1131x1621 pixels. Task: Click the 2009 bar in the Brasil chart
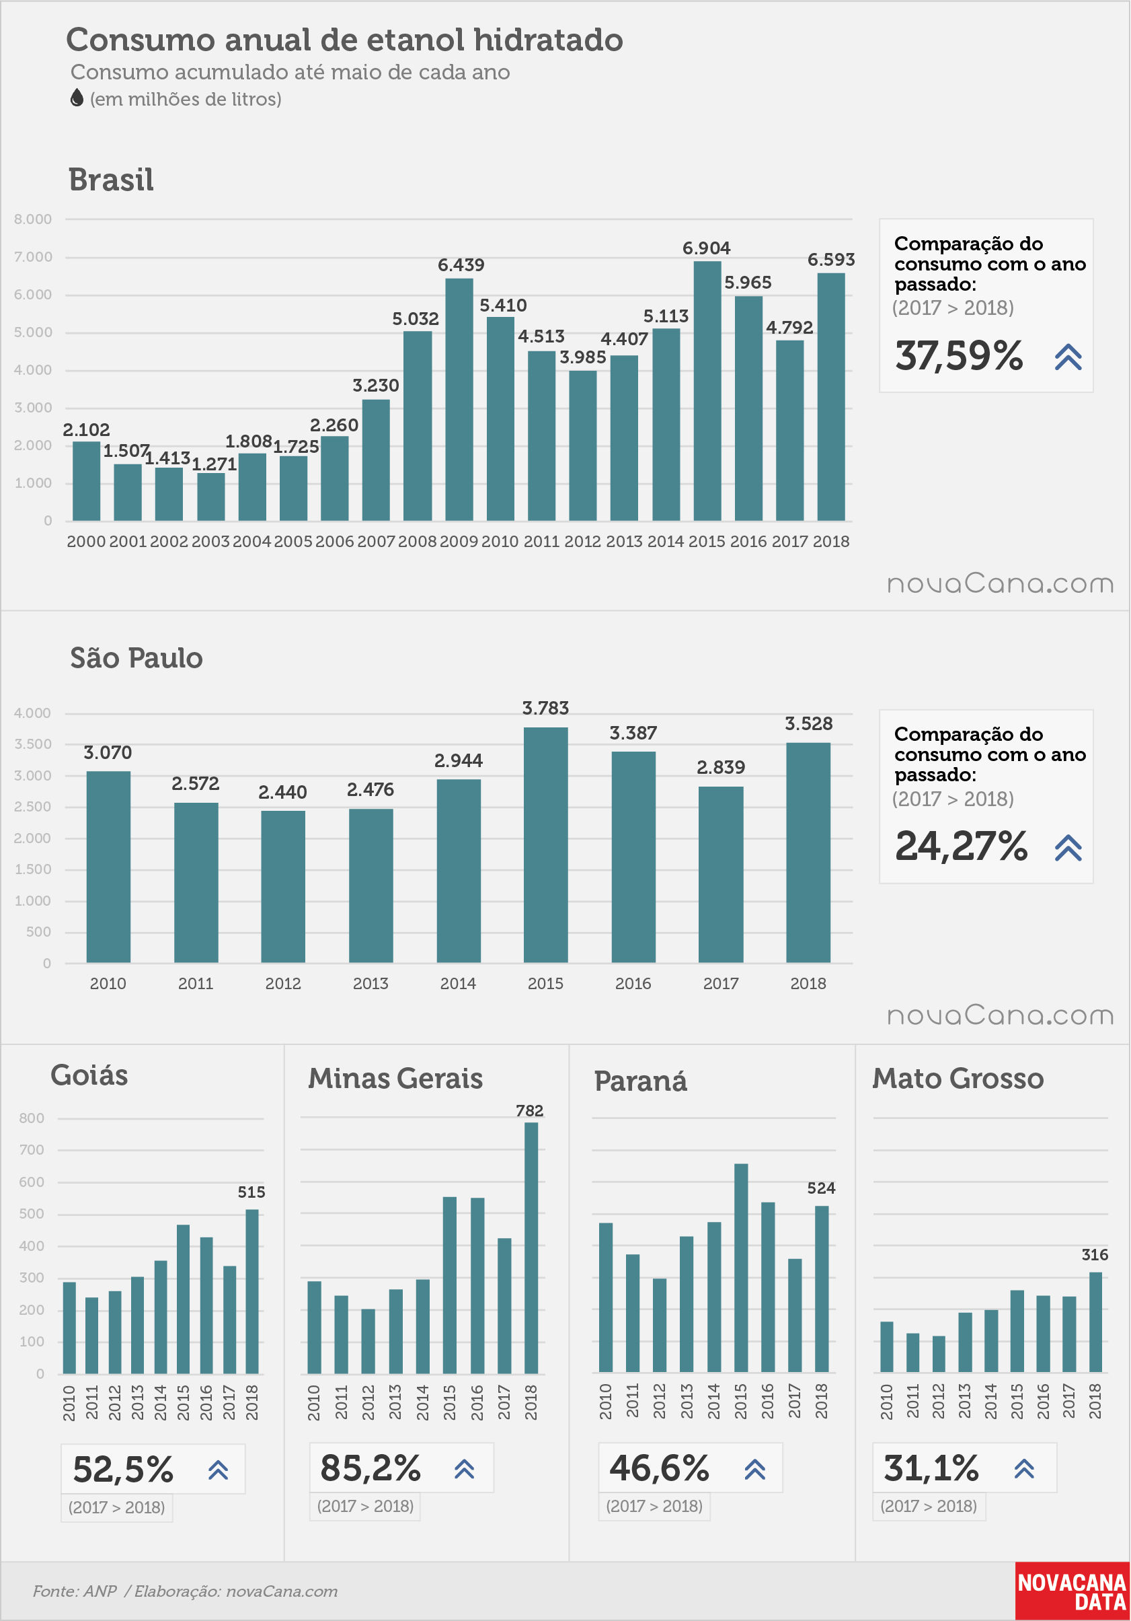[x=459, y=400]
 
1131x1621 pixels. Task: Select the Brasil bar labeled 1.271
[x=211, y=497]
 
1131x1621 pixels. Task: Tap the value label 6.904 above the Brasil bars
[x=706, y=248]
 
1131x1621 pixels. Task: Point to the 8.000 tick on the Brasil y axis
[x=33, y=219]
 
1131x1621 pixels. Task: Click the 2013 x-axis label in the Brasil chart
[x=625, y=542]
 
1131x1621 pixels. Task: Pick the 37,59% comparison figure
[x=959, y=356]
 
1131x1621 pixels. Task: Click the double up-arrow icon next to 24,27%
[x=1068, y=848]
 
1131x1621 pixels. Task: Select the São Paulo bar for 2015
[x=545, y=845]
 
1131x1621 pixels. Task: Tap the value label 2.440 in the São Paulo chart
[x=283, y=792]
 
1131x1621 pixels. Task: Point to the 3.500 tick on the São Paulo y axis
[x=33, y=744]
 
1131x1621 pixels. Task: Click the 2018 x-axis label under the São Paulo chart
[x=808, y=984]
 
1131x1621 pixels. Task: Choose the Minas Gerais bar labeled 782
[x=531, y=1248]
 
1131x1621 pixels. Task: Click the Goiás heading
[x=89, y=1075]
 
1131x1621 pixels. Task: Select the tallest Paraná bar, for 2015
[x=741, y=1268]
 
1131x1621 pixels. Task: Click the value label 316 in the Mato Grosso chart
[x=1095, y=1254]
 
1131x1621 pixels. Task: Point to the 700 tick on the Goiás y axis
[x=32, y=1150]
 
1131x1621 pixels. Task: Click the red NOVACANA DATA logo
[x=1072, y=1591]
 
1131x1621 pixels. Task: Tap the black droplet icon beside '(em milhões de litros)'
[x=77, y=98]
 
